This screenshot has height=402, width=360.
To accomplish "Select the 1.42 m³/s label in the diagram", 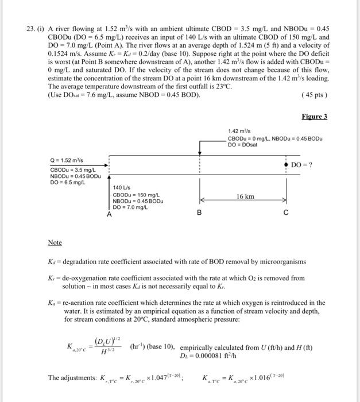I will click(240, 132).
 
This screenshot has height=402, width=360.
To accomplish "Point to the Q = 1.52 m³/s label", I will click(67, 161).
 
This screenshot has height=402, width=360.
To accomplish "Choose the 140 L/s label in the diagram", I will click(122, 187).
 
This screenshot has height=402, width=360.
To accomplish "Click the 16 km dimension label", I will click(245, 196).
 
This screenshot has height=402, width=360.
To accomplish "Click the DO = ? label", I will click(305, 165).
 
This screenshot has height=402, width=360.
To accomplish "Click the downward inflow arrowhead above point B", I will click(199, 153).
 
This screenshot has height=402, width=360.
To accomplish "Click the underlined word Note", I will click(55, 243).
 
